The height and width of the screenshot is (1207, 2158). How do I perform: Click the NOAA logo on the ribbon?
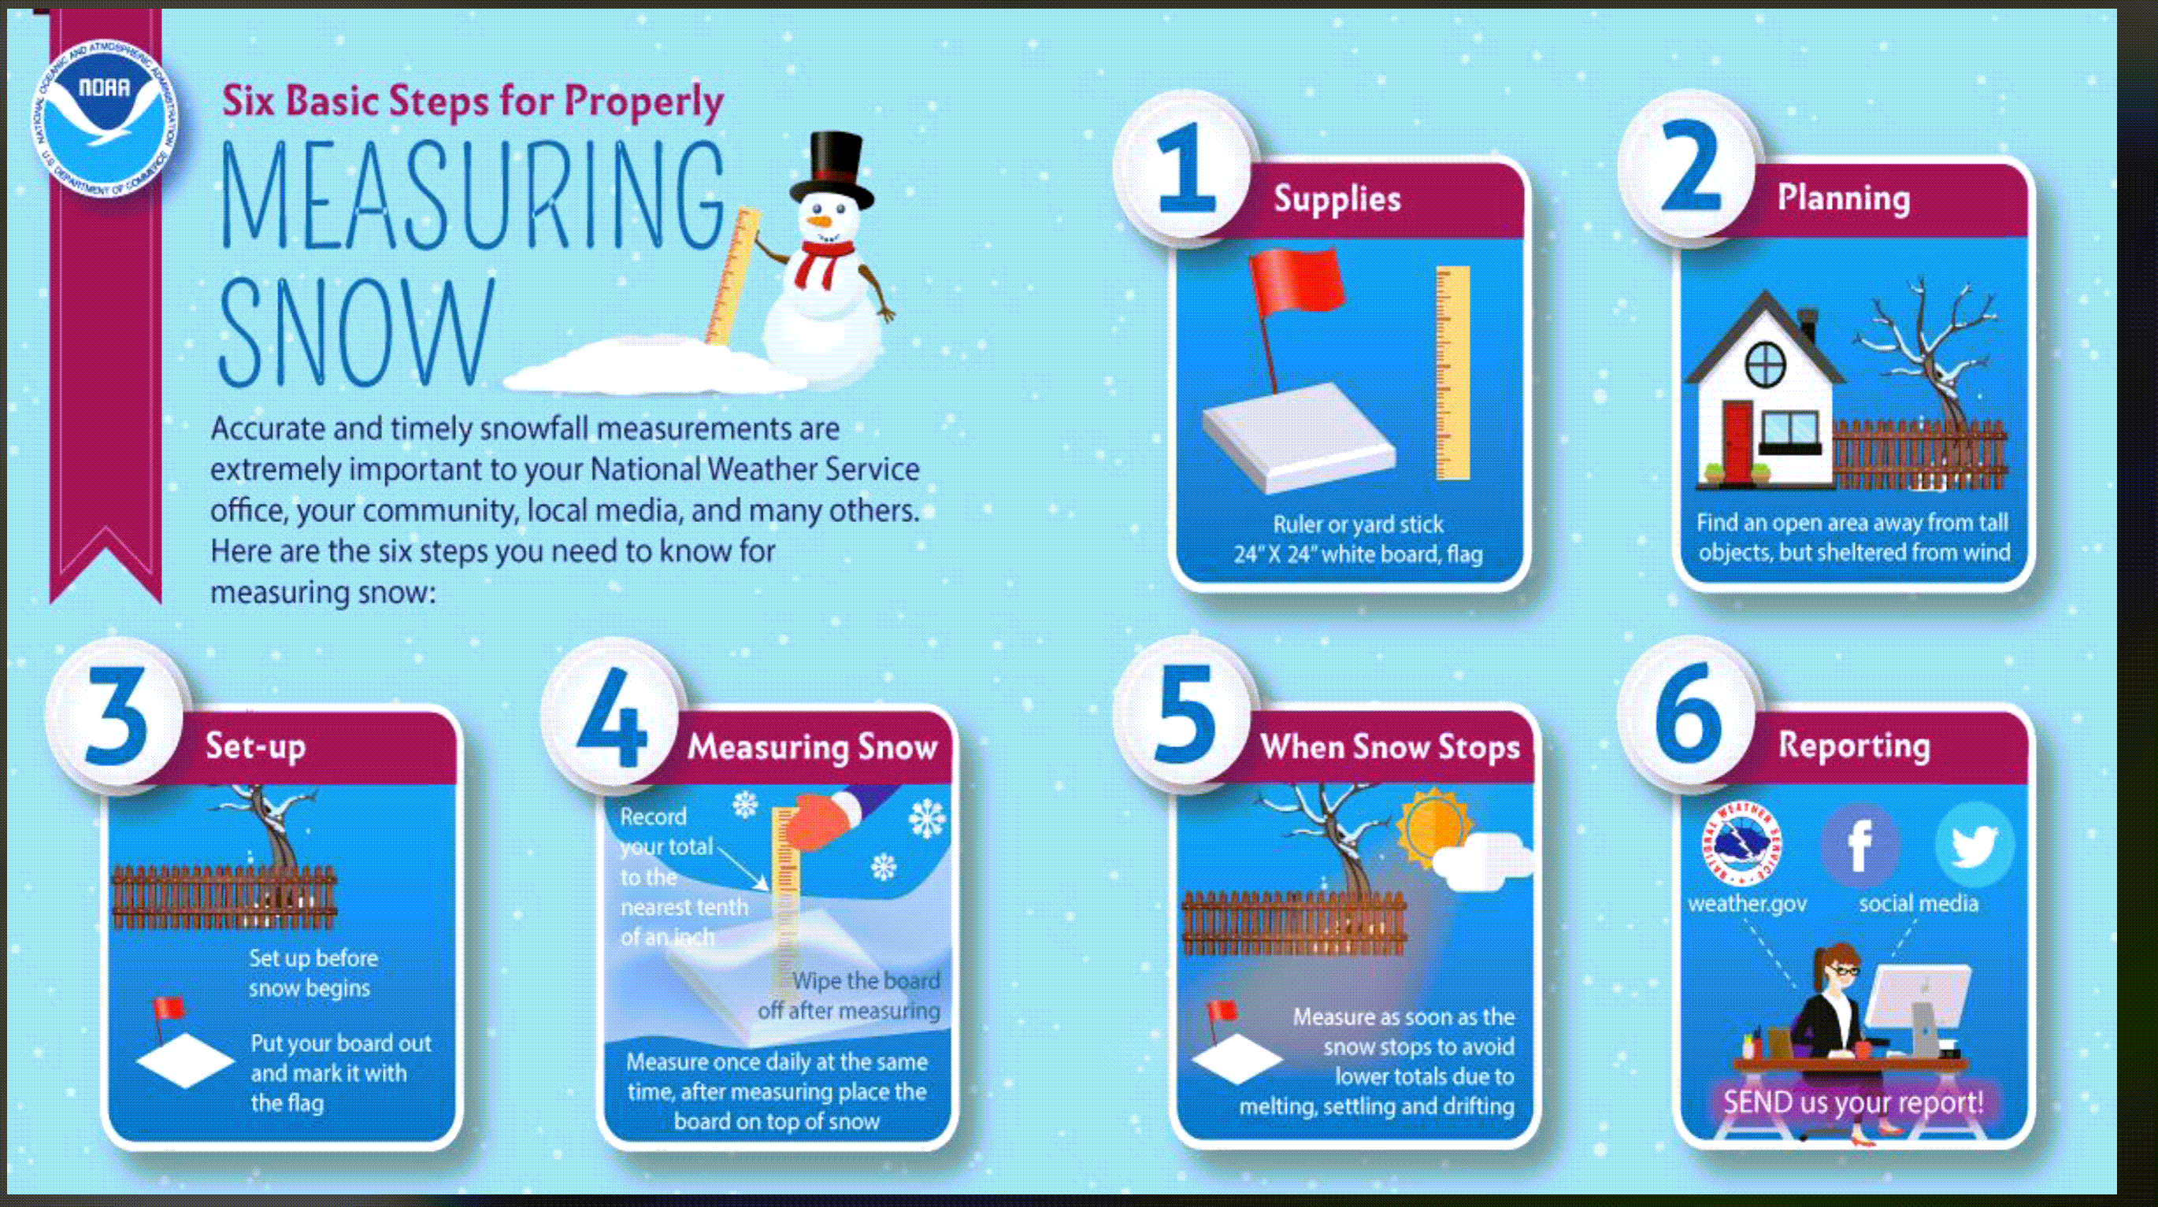(105, 118)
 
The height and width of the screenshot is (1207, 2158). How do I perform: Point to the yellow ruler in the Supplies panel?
(1452, 372)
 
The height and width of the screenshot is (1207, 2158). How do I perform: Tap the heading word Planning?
(1844, 198)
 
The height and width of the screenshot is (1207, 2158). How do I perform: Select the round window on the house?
(1765, 365)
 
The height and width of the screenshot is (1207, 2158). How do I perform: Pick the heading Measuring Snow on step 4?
(812, 746)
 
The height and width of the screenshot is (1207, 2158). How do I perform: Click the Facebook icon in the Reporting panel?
(1860, 845)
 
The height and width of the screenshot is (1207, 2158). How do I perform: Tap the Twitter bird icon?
(1974, 845)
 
